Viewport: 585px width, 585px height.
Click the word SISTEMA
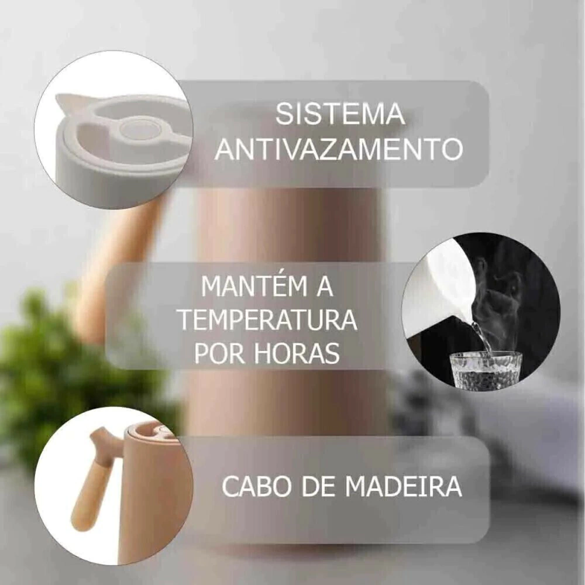pos(340,114)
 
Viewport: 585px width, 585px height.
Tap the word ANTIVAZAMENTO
pos(339,149)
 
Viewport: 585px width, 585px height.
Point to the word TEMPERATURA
pos(269,319)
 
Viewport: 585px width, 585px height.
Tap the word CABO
pos(253,486)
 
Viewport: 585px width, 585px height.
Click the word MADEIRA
pos(404,486)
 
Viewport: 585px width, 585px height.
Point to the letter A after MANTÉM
pos(325,286)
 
